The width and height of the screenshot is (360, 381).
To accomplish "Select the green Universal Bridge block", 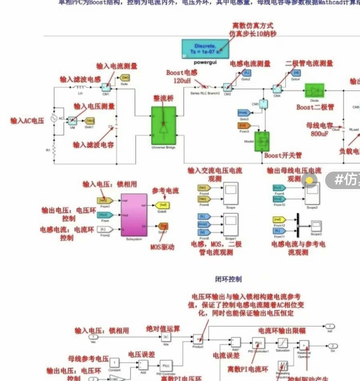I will point(164,126).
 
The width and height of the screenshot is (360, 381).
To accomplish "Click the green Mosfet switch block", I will point(261,142).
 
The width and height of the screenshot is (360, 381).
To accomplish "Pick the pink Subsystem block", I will point(134,214).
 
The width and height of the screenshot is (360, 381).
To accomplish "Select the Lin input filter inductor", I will point(80,88).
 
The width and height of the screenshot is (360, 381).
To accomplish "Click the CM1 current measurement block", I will point(105,88).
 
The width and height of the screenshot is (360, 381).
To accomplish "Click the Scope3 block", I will point(316,226).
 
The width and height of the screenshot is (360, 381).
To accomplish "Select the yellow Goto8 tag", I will point(162,205).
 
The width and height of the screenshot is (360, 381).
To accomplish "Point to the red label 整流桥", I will point(164,99).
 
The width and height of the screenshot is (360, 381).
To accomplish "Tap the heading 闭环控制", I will point(228,279).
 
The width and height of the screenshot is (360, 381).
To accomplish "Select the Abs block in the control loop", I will point(166,336).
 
